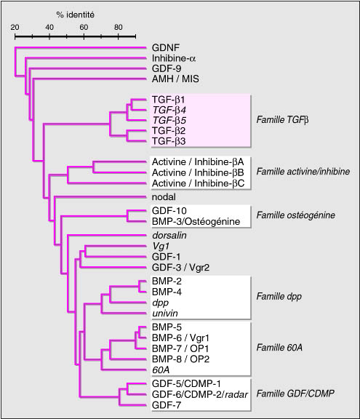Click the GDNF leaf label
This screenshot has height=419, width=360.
pos(166,48)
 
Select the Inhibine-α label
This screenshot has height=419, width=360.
pos(174,58)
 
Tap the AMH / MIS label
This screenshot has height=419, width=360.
pos(175,79)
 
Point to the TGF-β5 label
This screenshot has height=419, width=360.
pos(169,120)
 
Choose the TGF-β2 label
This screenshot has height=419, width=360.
pos(169,131)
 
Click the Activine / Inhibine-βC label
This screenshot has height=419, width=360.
pos(198,183)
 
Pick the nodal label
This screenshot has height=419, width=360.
pos(164,197)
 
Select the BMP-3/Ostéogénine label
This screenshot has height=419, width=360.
pos(196,222)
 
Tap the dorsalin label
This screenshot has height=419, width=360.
pos(169,236)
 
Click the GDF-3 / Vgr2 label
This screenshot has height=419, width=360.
pos(180,267)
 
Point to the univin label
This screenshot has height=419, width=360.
pos(165,314)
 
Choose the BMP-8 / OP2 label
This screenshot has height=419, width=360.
pos(180,359)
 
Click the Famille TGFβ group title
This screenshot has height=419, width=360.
pos(282,120)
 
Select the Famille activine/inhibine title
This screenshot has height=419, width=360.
pos(303,171)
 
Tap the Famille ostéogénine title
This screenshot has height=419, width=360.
pos(296,215)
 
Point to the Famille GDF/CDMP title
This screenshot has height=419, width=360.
pos(295,394)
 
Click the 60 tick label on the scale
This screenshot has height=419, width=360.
pos(84,27)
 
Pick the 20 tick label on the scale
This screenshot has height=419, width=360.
pos(15,27)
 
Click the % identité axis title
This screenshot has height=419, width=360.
pos(76,15)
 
